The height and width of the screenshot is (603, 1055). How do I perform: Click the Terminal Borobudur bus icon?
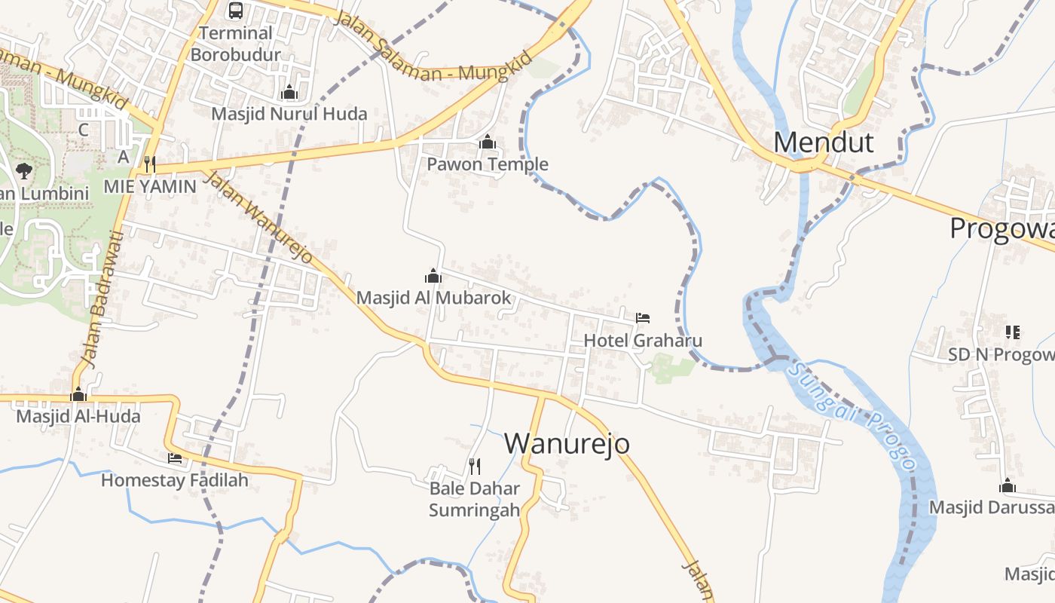236,11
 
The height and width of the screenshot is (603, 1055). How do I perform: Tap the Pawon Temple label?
488,164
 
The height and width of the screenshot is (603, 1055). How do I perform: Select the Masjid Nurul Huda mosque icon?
289,93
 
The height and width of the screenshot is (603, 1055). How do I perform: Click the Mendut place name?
824,142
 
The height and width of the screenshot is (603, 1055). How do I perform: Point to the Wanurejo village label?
567,443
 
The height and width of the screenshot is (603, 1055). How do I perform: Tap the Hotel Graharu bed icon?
642,317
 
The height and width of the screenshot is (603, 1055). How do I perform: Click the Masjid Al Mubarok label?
433,298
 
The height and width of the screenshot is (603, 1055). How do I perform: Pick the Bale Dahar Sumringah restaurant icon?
474,466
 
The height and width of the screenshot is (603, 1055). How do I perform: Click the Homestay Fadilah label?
174,480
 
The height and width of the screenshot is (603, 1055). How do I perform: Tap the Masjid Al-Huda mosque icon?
78,395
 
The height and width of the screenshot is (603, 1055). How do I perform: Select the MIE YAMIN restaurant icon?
150,164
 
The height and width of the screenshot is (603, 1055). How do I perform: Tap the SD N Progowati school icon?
1012,332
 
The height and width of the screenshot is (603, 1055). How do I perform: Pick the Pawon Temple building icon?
488,142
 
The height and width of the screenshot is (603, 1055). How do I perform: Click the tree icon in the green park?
23,170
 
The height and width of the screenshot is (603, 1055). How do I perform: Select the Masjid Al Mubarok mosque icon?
433,276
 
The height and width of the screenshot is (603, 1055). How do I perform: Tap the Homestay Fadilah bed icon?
175,458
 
